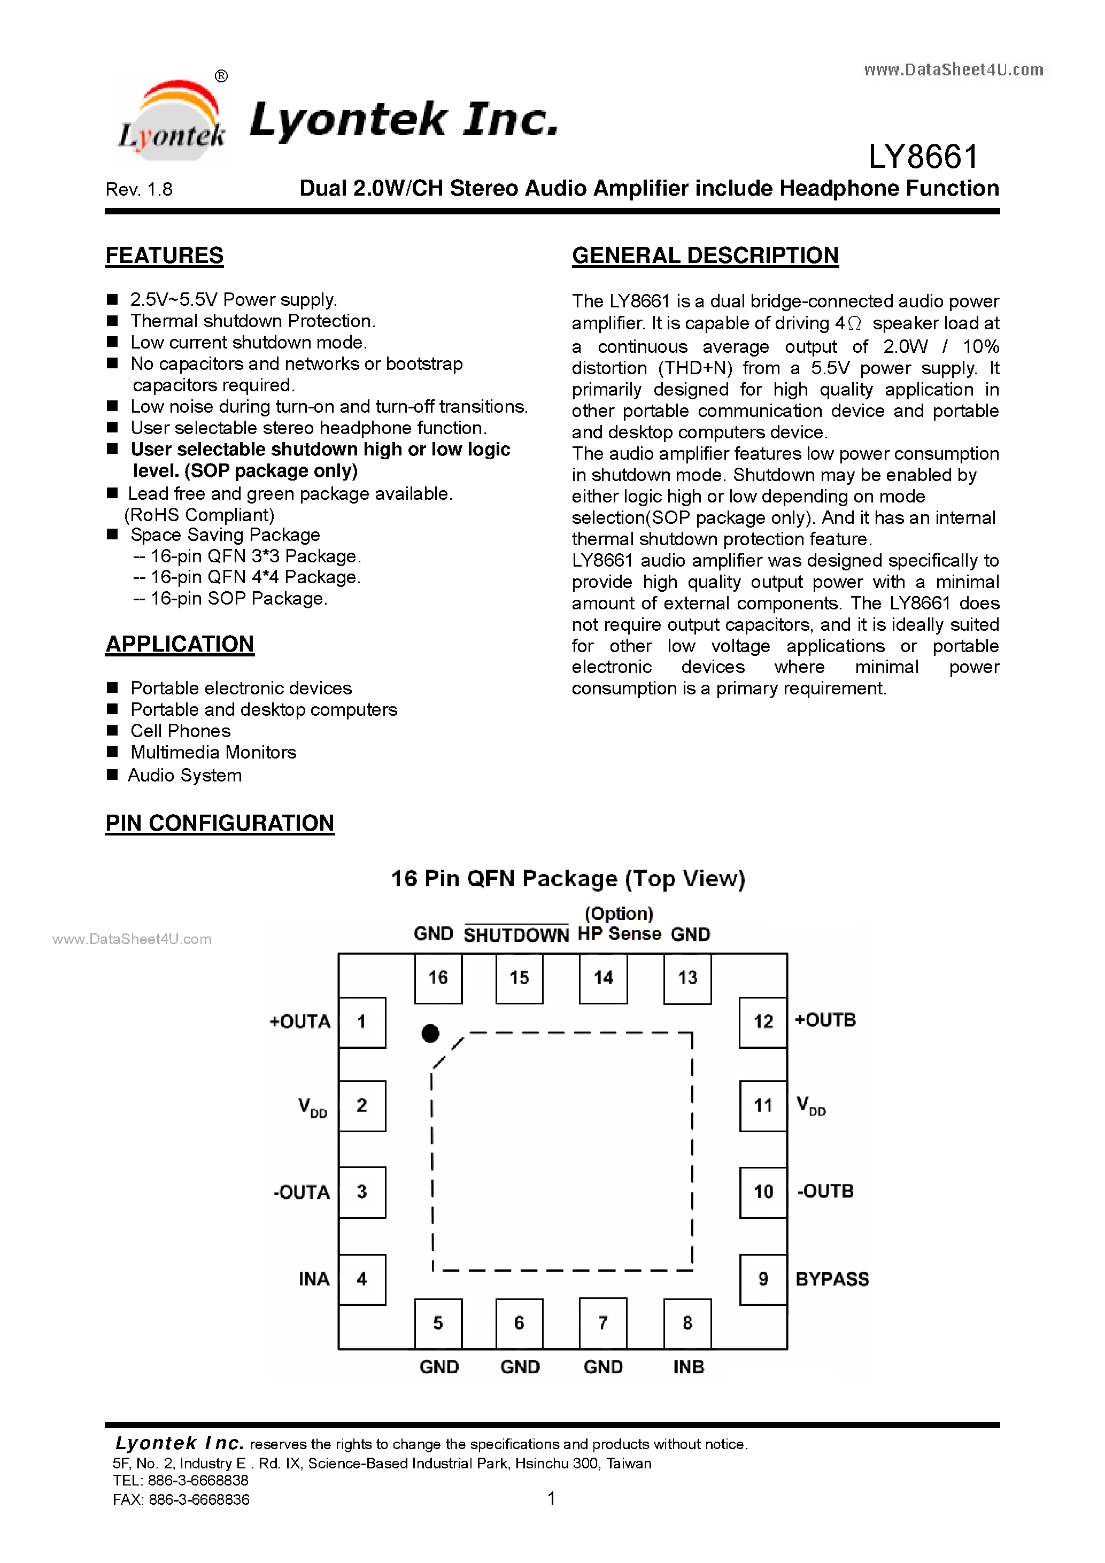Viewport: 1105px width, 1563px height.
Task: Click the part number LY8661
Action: tap(923, 157)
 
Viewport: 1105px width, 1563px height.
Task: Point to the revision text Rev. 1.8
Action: tap(139, 189)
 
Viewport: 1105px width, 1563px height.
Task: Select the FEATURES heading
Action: tap(164, 256)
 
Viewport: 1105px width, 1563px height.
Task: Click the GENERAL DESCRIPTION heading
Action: tap(705, 256)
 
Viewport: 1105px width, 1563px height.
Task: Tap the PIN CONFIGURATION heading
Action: tap(219, 823)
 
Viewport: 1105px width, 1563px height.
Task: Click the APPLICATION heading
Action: tap(180, 644)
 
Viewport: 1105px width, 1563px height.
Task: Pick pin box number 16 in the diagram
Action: tap(438, 978)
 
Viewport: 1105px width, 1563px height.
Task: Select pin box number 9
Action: tap(763, 1279)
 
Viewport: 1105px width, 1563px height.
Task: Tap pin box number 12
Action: tap(763, 1022)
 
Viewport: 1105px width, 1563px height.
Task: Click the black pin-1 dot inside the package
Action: tap(430, 1033)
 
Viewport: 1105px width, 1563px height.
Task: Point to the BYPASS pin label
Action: tap(832, 1279)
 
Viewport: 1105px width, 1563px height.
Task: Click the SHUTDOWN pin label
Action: tap(516, 935)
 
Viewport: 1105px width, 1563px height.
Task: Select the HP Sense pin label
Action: tap(620, 933)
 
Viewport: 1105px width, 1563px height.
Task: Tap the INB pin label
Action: tap(689, 1367)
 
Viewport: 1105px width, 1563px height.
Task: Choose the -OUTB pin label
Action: tap(825, 1190)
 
